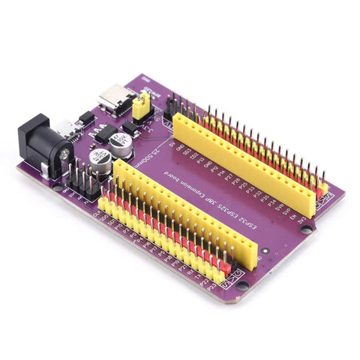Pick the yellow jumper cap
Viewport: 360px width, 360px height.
pyautogui.click(x=139, y=110)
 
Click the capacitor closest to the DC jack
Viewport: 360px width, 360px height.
pyautogui.click(x=99, y=158)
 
